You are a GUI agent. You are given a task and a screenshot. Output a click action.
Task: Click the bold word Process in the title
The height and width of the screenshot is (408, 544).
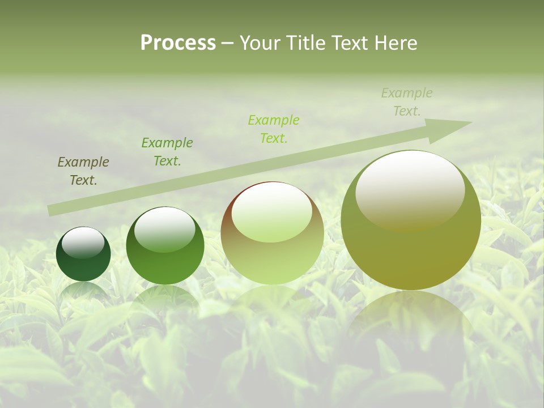(x=178, y=43)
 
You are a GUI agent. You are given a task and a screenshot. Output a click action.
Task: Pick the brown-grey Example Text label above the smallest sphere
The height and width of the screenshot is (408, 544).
(x=83, y=171)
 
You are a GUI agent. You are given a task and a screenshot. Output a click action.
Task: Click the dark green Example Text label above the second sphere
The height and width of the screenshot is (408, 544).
(x=167, y=152)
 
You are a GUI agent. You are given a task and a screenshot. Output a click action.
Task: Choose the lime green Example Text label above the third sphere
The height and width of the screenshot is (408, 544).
(x=274, y=129)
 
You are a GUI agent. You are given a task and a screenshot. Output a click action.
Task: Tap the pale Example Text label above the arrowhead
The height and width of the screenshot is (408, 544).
(x=407, y=102)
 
